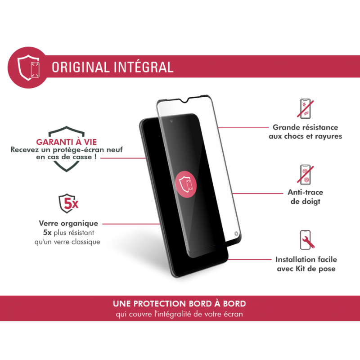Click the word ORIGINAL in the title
pyautogui.click(x=80, y=67)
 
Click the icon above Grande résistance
pyautogui.click(x=306, y=110)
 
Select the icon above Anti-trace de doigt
pyautogui.click(x=306, y=175)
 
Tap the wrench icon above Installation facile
pyautogui.click(x=306, y=240)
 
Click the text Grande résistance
pyautogui.click(x=306, y=128)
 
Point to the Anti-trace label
pyautogui.click(x=306, y=193)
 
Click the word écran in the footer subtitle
pyautogui.click(x=234, y=314)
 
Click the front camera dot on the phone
pyautogui.click(x=171, y=121)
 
